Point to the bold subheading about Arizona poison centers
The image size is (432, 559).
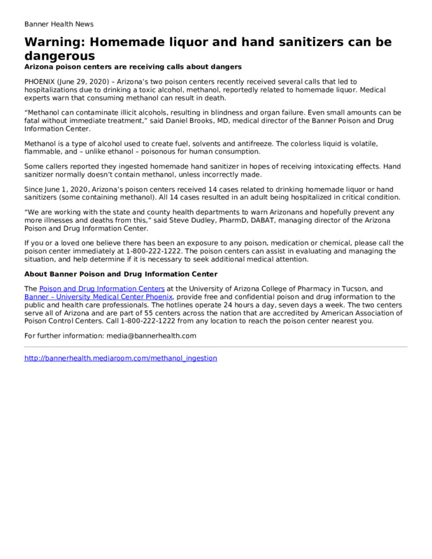(133, 66)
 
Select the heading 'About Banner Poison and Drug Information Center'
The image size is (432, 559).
(121, 273)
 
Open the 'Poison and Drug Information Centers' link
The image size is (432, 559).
(102, 288)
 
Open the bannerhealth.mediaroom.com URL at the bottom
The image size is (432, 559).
(120, 358)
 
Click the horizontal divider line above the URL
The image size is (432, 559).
(215, 347)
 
